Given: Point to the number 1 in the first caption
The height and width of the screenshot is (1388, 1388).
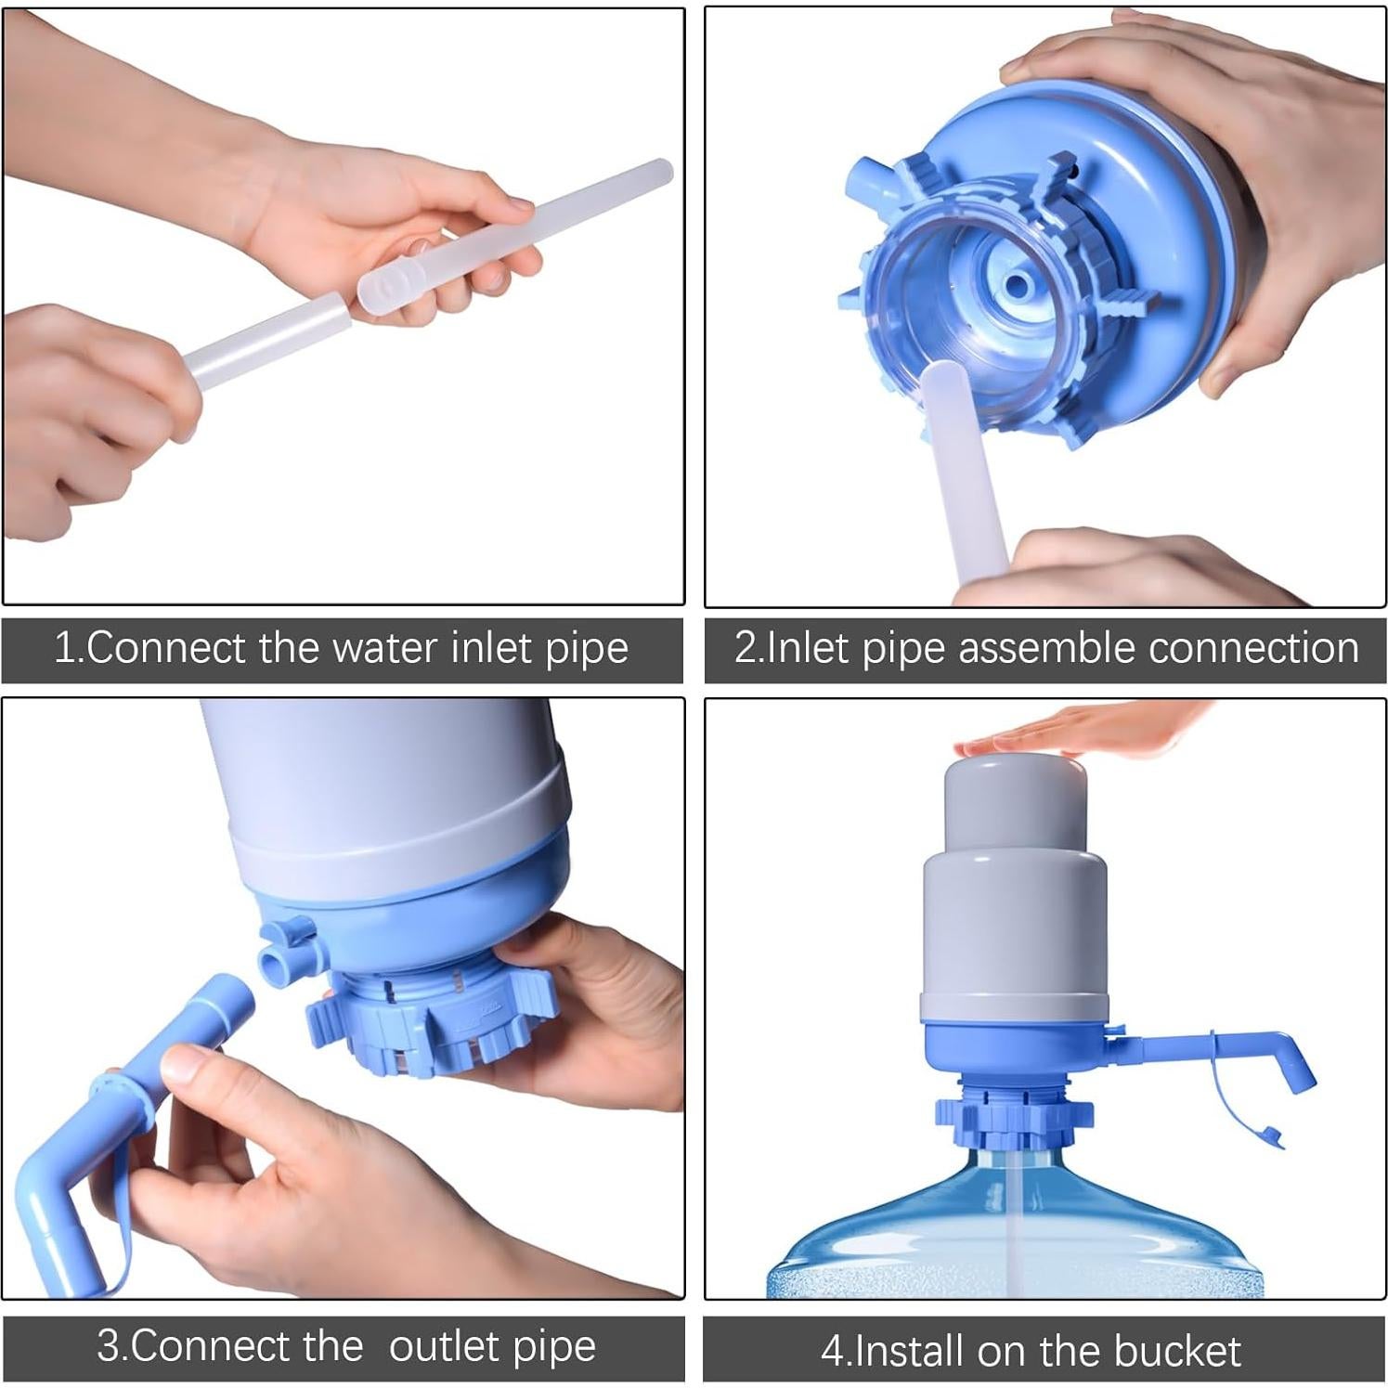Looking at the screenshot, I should (x=63, y=648).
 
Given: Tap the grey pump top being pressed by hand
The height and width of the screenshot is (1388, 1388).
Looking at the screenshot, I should (x=1015, y=798).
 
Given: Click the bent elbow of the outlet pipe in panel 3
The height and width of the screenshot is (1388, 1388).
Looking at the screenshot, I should (x=42, y=1198).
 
